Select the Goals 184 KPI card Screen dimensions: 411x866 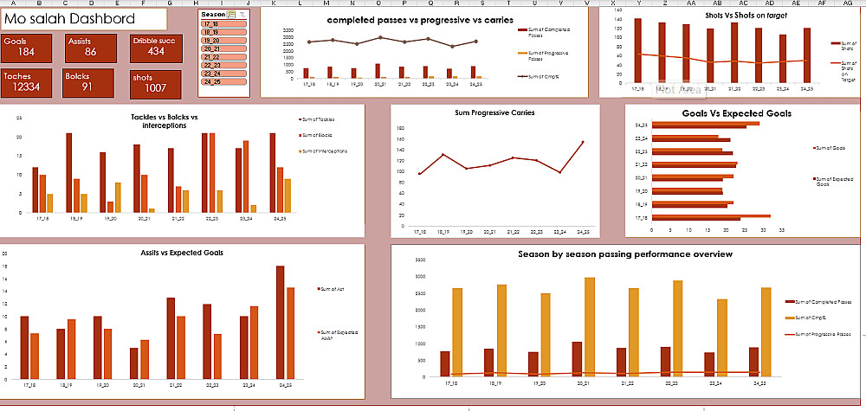pyautogui.click(x=30, y=48)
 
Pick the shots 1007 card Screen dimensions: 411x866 pyautogui.click(x=155, y=84)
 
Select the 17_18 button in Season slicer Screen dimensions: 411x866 pyautogui.click(x=223, y=25)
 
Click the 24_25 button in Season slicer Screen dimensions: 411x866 pyautogui.click(x=223, y=81)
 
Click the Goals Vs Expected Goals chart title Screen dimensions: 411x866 pyautogui.click(x=736, y=113)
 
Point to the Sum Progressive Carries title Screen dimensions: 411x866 pyautogui.click(x=494, y=112)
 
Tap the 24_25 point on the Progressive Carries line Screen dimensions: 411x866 pyautogui.click(x=583, y=142)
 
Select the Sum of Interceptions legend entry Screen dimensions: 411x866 pyautogui.click(x=324, y=151)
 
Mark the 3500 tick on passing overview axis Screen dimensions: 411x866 pyautogui.click(x=422, y=260)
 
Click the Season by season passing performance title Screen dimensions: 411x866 pyautogui.click(x=625, y=254)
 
